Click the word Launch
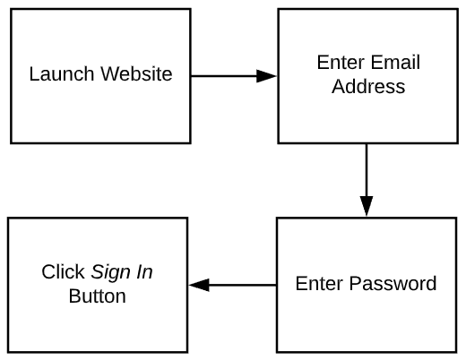(x=62, y=73)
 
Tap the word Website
(x=136, y=73)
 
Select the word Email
(x=395, y=63)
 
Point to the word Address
(x=368, y=87)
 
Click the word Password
(x=393, y=283)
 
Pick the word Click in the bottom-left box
(x=63, y=272)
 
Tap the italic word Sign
(x=111, y=273)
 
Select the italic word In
(x=144, y=272)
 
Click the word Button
(x=98, y=296)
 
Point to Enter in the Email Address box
(x=341, y=63)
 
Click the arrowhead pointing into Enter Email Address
(x=266, y=76)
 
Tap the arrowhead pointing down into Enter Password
(x=367, y=206)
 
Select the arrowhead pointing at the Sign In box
(x=199, y=285)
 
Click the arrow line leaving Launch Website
(x=234, y=76)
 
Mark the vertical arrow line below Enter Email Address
(x=367, y=180)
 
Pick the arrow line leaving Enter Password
(x=233, y=285)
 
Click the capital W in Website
(x=109, y=73)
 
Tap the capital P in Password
(x=355, y=283)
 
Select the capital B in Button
(x=74, y=296)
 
